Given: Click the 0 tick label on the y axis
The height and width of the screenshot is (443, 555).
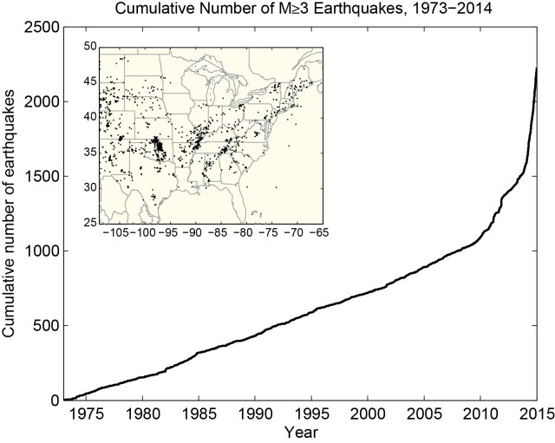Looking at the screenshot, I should (x=55, y=401).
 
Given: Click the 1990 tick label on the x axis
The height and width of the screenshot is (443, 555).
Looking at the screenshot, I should (x=255, y=414).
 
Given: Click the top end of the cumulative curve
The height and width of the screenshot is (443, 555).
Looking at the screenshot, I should (x=536, y=68).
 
